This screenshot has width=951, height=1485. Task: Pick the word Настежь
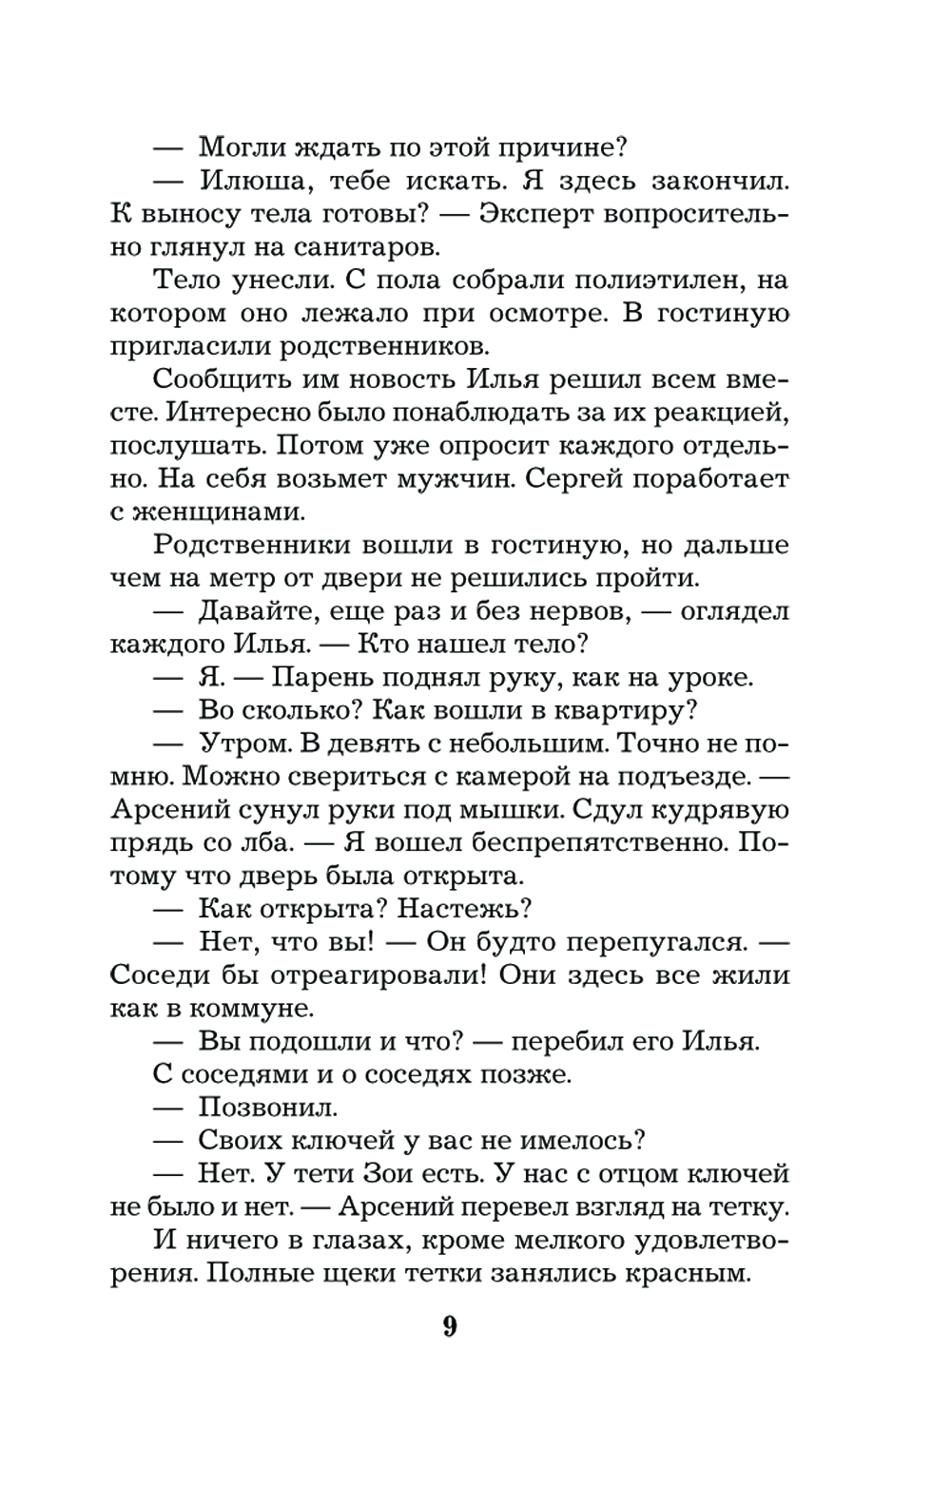click(464, 908)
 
